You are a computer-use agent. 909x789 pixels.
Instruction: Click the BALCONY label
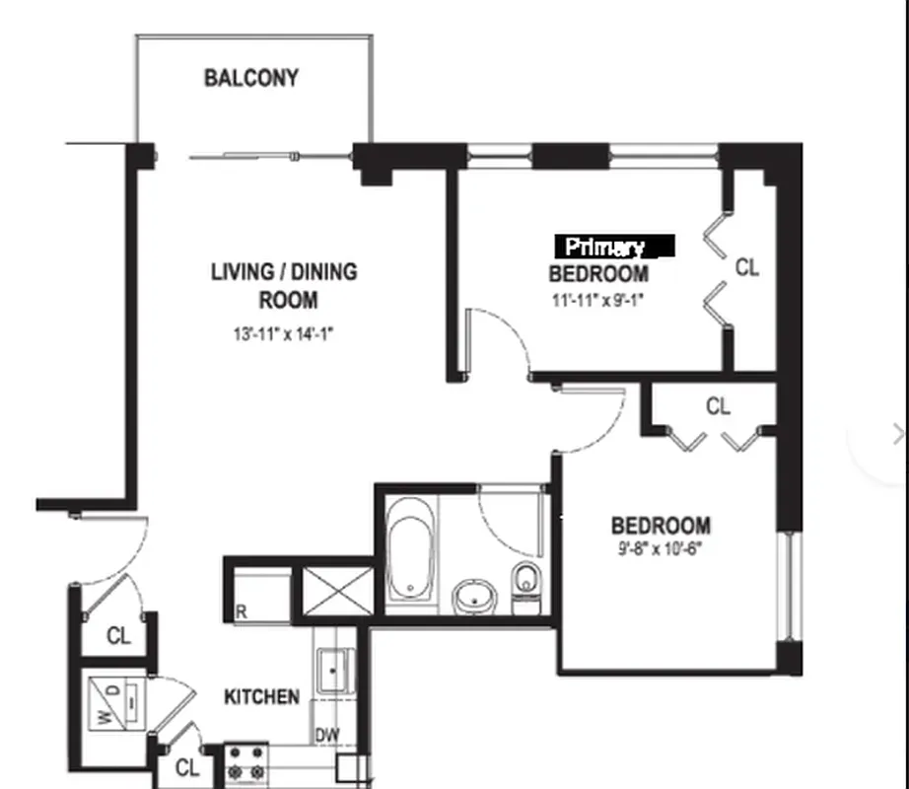tap(250, 78)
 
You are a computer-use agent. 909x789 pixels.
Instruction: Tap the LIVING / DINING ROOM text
tap(284, 285)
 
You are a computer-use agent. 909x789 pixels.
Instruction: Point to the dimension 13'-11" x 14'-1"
tap(284, 334)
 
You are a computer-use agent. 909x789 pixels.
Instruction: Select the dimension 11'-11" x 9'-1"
tap(599, 300)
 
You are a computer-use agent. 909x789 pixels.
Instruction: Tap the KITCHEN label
tap(261, 697)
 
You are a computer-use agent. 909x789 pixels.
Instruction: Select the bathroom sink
tap(475, 596)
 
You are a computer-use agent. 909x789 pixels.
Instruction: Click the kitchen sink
tap(332, 671)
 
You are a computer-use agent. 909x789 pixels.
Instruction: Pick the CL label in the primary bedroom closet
tap(747, 267)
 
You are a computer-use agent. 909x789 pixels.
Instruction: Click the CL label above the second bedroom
tap(718, 406)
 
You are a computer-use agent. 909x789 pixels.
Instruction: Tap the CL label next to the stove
tap(187, 767)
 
